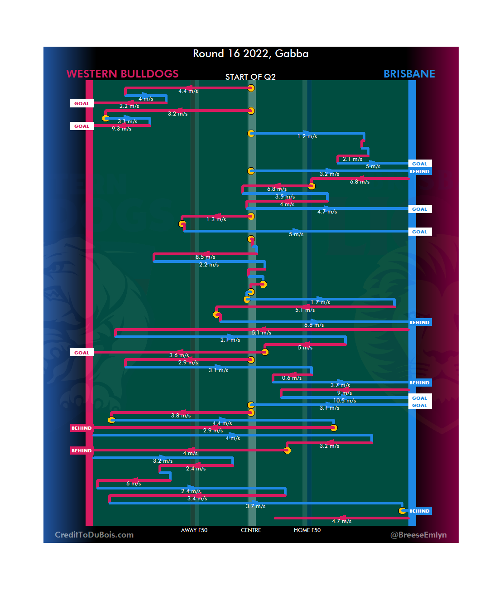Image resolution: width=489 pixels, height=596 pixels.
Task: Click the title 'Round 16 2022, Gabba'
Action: pos(250,53)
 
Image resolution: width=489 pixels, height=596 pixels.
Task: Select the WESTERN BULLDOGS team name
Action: pos(122,74)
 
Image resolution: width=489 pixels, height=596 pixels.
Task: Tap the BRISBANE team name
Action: pos(409,74)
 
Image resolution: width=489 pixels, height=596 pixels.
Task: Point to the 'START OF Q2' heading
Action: pos(250,77)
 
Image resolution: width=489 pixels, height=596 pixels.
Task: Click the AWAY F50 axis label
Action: pos(194,530)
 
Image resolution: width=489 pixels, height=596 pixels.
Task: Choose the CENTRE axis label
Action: pos(251,530)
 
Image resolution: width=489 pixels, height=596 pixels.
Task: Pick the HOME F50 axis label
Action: pos(307,530)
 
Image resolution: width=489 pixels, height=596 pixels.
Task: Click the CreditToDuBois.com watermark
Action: pos(94,535)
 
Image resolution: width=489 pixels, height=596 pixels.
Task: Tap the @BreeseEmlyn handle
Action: pos(418,535)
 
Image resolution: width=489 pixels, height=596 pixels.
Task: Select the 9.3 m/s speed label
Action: pos(121,129)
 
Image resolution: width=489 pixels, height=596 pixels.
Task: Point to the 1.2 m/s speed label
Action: pos(307,136)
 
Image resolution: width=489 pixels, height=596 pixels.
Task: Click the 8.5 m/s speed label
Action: pos(205,257)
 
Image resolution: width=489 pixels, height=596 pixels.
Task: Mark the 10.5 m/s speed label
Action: pos(345,401)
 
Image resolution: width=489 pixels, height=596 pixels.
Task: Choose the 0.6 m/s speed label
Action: pos(292,378)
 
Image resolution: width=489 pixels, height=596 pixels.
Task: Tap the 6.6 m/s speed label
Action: pos(314,325)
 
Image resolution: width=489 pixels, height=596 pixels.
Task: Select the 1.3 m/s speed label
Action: pos(216,219)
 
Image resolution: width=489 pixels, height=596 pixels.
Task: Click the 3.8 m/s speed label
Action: pos(181,416)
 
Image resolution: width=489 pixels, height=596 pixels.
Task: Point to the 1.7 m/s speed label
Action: pos(320,302)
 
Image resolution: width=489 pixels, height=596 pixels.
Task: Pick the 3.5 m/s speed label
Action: pos(285,197)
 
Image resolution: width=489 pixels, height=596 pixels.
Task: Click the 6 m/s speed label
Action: pos(134,484)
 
